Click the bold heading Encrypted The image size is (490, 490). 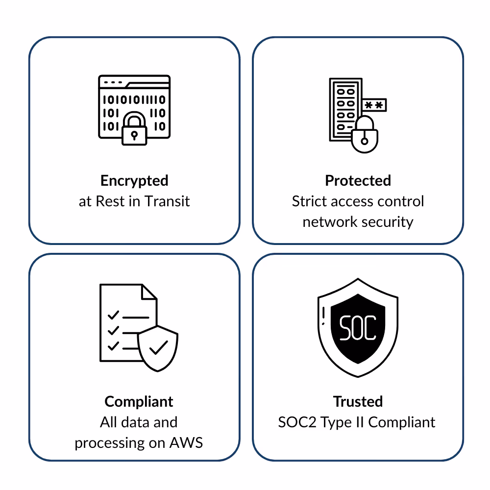134,181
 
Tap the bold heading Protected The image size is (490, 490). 358,181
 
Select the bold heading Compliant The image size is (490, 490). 139,402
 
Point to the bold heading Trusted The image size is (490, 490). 358,402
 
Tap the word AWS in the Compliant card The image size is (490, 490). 186,443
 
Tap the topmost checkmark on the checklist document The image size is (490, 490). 113,314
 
